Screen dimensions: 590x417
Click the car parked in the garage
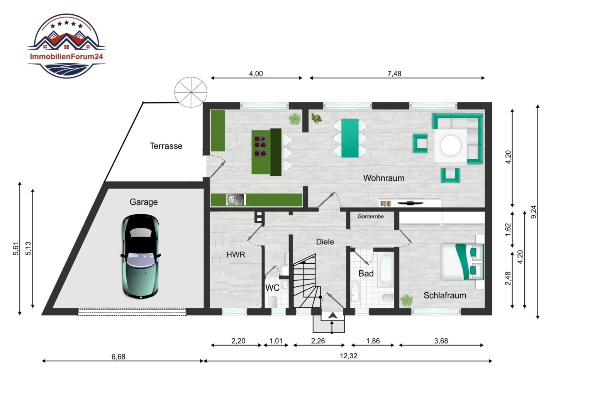coord(141,256)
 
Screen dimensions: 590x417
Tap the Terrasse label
coord(166,146)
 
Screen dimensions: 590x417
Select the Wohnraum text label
coord(384,178)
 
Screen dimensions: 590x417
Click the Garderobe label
coord(371,216)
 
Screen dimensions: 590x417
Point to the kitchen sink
coord(236,200)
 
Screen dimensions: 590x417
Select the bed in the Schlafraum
coord(462,261)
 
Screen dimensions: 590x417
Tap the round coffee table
coord(451,145)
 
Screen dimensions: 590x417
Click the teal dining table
coord(350,138)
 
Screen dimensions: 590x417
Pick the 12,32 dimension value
coord(348,356)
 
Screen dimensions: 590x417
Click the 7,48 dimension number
coord(394,74)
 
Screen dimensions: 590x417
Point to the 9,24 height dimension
coord(533,212)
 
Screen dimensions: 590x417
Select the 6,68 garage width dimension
coord(118,357)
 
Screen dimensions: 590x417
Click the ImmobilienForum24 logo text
coord(66,56)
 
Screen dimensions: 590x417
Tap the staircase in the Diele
coord(307,281)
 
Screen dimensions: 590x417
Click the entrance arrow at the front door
coord(332,315)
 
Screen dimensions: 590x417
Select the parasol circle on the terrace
coord(191,92)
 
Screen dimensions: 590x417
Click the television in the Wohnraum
coord(410,203)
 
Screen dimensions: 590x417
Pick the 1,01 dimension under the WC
coord(276,341)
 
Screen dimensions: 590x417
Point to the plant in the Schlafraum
coord(407,300)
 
